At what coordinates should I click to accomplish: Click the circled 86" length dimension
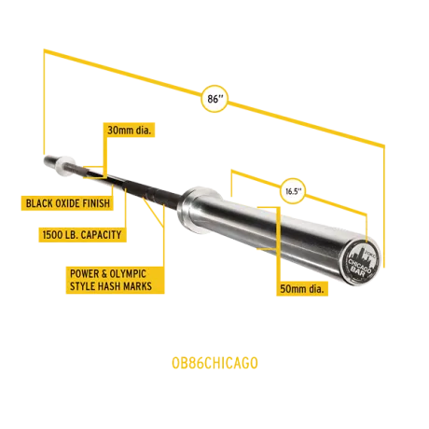[x=214, y=99]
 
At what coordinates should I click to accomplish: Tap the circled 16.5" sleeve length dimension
[x=293, y=191]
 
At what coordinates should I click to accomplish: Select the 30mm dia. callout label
[x=129, y=130]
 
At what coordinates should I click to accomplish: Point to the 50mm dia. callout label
[x=302, y=288]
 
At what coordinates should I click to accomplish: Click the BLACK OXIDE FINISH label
[x=67, y=203]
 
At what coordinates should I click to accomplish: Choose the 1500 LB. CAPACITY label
[x=82, y=235]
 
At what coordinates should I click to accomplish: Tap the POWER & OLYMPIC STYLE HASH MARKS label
[x=115, y=280]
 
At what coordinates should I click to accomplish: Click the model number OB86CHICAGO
[x=214, y=363]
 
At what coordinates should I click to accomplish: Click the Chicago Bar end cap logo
[x=360, y=262]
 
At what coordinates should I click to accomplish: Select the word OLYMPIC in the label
[x=128, y=274]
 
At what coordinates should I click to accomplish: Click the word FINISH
[x=95, y=203]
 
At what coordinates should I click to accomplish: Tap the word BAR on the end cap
[x=358, y=271]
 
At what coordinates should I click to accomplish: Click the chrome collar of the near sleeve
[x=198, y=209]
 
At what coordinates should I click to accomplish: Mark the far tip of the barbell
[x=46, y=159]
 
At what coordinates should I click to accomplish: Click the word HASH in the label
[x=107, y=286]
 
